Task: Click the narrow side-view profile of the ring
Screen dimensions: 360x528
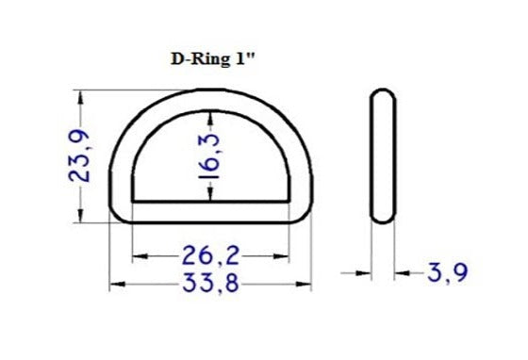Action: (383, 156)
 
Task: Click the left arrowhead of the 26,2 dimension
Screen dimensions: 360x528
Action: (138, 255)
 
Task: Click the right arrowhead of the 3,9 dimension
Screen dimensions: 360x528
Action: (402, 273)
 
